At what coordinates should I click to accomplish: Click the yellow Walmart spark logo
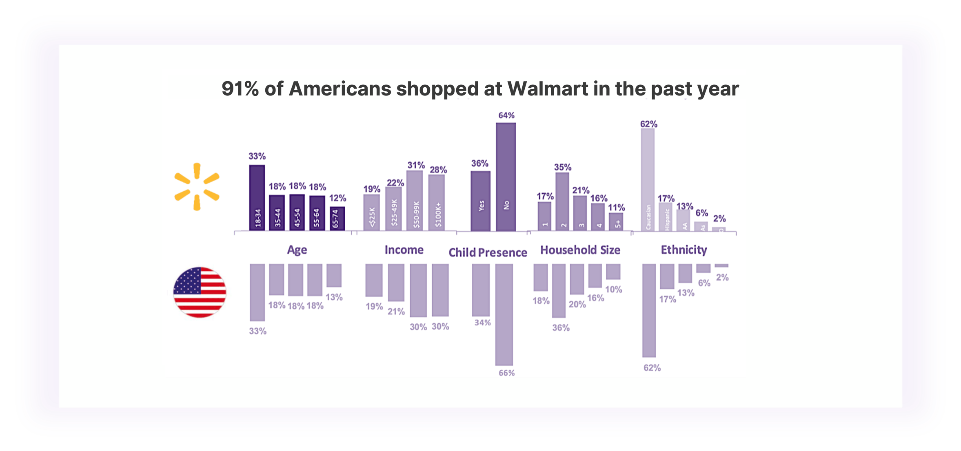point(197,187)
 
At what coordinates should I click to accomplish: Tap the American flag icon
point(200,292)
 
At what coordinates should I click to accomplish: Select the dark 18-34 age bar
point(257,197)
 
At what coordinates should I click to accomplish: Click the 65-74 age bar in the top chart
point(337,219)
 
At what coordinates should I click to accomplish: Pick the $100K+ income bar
point(436,203)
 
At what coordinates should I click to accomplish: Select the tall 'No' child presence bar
point(506,177)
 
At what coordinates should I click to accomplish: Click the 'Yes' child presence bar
point(481,201)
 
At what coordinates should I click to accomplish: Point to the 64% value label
point(506,115)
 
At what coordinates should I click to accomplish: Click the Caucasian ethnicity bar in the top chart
point(648,179)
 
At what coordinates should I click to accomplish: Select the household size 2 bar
point(562,201)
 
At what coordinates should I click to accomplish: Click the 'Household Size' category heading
point(580,250)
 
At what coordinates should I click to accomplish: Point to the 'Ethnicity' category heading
point(684,250)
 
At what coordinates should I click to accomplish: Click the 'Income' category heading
point(404,250)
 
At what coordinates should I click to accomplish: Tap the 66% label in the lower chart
point(506,373)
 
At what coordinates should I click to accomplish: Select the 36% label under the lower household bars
point(561,328)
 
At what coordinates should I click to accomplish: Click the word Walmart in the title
point(548,88)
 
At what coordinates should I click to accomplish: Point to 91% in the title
point(240,88)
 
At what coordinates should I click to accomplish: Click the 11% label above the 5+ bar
point(616,208)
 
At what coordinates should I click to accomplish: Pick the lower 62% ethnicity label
point(652,368)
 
